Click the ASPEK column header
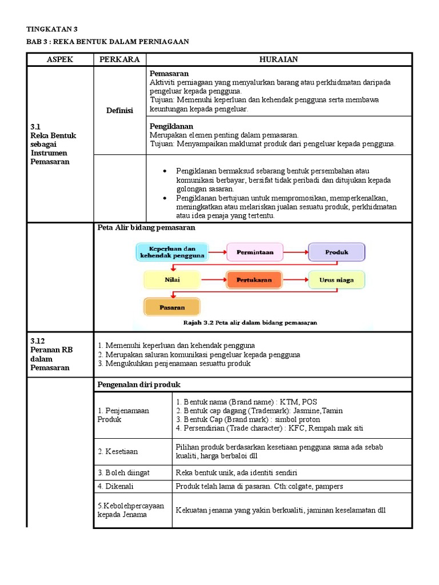click(60, 59)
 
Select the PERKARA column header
click(120, 59)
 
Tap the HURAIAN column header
click(278, 59)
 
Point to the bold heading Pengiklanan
click(171, 126)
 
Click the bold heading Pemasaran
click(169, 74)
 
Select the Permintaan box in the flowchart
click(254, 251)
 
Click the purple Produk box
click(336, 251)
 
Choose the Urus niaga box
click(336, 280)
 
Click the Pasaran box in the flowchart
click(172, 307)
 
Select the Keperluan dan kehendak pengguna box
click(172, 252)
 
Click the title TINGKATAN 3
click(52, 29)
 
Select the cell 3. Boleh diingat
click(123, 472)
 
